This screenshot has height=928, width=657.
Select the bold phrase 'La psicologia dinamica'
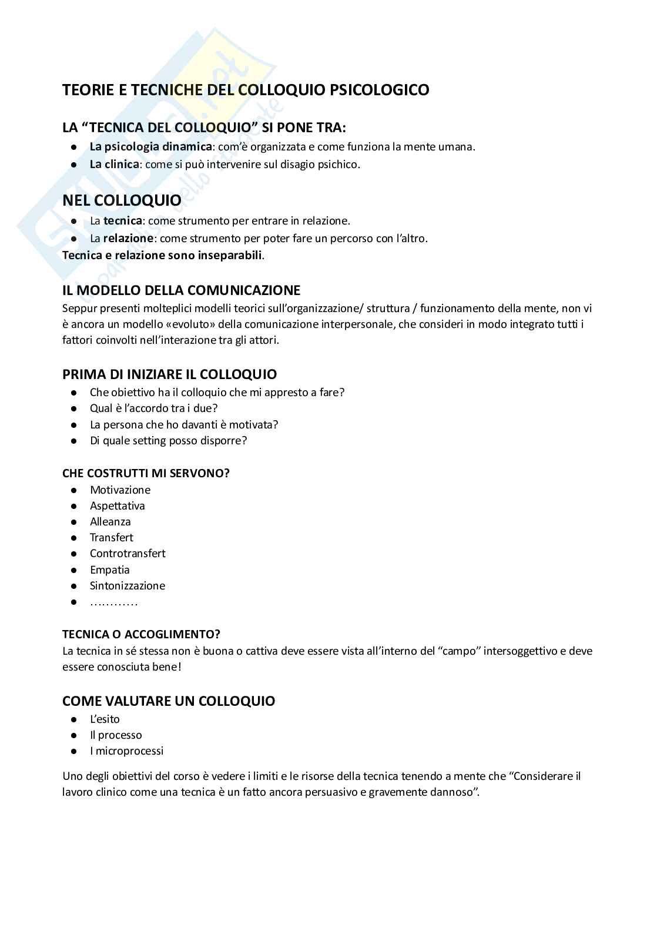150,147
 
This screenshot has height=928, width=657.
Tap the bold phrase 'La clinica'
115,165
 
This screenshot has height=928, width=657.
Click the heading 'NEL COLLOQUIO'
122,200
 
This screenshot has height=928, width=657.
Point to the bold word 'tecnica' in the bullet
123,221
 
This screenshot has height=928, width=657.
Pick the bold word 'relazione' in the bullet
129,239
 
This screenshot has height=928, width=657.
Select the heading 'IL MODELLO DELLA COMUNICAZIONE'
181,290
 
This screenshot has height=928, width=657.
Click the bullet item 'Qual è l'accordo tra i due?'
153,408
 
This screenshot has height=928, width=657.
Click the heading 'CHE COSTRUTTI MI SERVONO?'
146,473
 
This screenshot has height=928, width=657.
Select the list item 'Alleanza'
110,522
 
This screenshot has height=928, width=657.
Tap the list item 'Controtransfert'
128,554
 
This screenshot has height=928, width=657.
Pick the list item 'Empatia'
109,570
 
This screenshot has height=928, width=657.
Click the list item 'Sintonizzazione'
128,586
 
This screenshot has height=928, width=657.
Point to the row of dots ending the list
113,602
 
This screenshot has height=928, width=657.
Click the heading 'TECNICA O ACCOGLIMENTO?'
141,634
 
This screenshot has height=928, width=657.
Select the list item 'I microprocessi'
126,751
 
